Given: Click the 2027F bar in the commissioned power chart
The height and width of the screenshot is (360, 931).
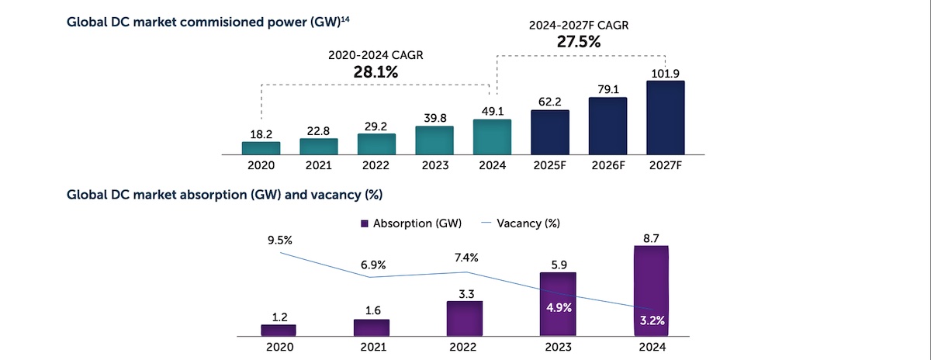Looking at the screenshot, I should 665,117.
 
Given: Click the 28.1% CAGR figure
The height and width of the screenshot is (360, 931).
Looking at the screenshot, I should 376,72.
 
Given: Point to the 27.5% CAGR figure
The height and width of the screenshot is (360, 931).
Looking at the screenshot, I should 579,42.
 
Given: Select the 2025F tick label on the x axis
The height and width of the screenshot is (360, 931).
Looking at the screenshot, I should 550,166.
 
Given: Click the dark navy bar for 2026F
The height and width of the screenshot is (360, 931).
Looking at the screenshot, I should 607,126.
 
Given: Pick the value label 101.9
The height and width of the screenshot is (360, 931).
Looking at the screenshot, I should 665,72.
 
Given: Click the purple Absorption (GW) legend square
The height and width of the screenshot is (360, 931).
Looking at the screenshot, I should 365,223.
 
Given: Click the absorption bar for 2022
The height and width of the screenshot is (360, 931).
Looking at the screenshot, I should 465,319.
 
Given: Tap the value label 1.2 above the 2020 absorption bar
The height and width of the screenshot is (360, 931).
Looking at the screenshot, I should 279,317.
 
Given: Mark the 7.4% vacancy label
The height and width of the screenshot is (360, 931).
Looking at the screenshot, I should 465,258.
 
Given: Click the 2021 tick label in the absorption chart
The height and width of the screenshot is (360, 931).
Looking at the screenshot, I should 372,348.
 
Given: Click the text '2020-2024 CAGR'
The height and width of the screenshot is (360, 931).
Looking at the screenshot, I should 376,55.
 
